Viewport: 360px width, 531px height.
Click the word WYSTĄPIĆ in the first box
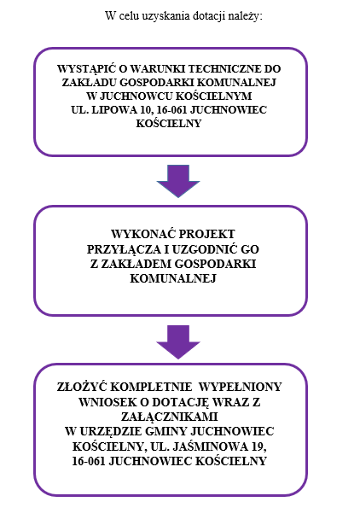click(87, 68)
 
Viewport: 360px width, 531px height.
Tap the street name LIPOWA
click(113, 110)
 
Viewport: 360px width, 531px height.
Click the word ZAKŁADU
click(90, 82)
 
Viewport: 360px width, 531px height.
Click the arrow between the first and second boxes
click(178, 181)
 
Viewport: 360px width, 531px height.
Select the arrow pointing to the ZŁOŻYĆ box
click(178, 342)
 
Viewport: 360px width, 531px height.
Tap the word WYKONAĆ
click(143, 234)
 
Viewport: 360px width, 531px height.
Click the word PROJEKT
click(206, 234)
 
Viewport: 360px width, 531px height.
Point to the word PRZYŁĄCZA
click(124, 249)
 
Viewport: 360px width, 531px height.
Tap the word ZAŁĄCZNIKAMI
click(169, 417)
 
